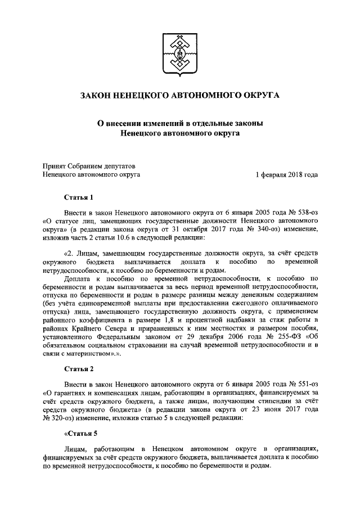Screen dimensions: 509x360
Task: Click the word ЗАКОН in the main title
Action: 98,96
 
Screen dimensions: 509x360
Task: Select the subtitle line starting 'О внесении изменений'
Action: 179,123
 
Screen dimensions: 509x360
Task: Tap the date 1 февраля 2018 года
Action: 286,175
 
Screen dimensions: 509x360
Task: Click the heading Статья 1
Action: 76,197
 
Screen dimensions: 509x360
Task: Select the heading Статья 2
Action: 76,368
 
